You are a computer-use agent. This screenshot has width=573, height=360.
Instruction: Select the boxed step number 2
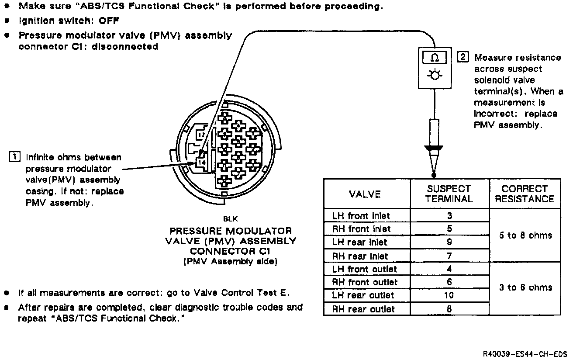point(463,57)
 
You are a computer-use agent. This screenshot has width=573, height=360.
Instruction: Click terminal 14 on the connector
point(202,162)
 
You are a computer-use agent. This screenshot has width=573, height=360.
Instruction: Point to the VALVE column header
point(365,194)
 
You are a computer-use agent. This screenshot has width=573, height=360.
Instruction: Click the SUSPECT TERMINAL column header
point(449,194)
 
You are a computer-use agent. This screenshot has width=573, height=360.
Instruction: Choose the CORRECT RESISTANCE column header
point(524,194)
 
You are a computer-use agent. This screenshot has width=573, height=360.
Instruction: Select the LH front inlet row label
point(361,216)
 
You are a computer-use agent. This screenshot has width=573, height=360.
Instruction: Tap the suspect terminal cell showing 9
point(449,242)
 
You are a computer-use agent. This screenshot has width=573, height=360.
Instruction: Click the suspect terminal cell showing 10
point(449,295)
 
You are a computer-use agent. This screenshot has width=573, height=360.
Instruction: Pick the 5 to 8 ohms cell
point(525,235)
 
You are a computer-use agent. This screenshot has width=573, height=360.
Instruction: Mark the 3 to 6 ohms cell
point(525,287)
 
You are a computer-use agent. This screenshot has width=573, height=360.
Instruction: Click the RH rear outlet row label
point(363,309)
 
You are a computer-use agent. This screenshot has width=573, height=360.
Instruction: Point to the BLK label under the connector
point(230,219)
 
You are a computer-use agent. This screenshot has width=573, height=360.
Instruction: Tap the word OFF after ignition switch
point(109,21)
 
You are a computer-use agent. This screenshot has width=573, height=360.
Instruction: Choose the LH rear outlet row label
point(363,296)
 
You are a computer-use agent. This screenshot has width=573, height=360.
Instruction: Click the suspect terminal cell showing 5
point(449,228)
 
